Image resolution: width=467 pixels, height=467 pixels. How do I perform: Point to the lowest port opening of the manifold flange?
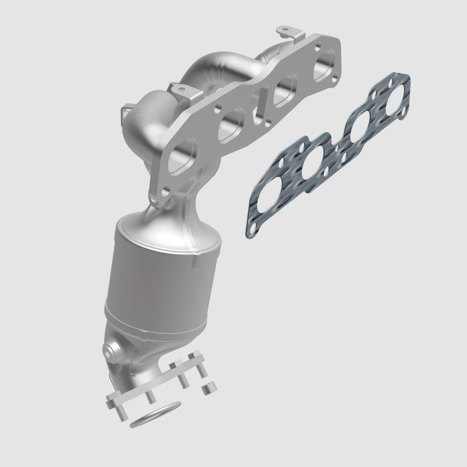tap(180, 161)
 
